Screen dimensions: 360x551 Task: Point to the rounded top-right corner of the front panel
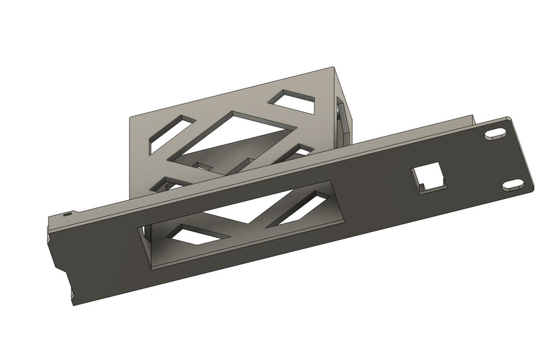pos(509,118)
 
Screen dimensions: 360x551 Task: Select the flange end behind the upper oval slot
pos(474,120)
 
